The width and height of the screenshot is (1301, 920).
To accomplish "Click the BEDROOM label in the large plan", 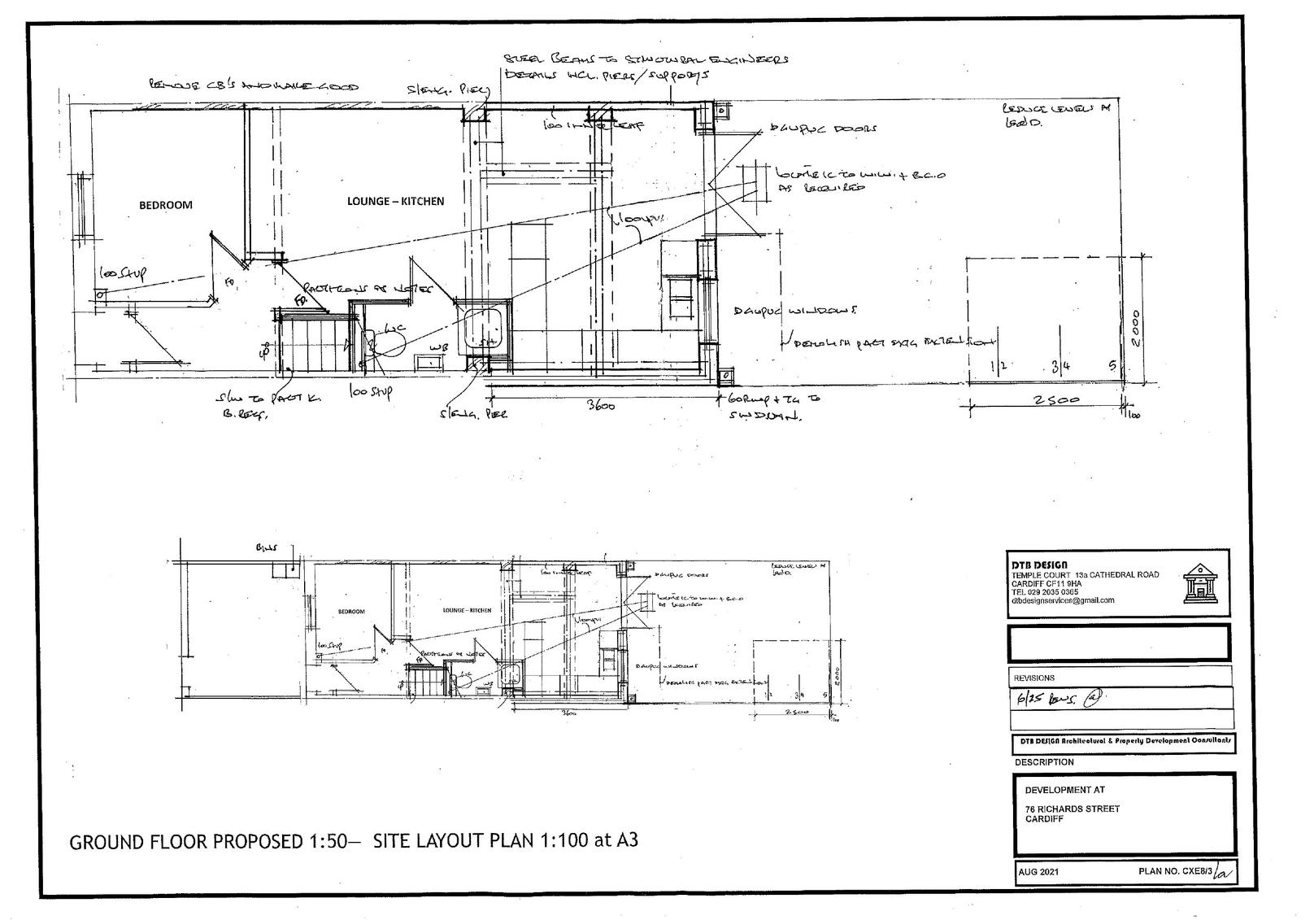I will pyautogui.click(x=165, y=205).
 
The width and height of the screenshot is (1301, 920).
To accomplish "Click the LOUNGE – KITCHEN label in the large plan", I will pyautogui.click(x=395, y=201).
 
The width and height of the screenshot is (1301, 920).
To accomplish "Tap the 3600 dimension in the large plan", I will pyautogui.click(x=601, y=406).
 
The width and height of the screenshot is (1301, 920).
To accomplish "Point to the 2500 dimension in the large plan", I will pyautogui.click(x=1056, y=400).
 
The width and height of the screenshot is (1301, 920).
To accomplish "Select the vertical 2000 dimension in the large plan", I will pyautogui.click(x=1136, y=327).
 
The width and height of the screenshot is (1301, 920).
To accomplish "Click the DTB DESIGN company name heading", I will pyautogui.click(x=1039, y=565).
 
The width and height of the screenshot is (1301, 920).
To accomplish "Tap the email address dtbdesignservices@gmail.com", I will pyautogui.click(x=1063, y=600).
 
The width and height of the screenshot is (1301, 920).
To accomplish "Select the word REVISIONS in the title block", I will pyautogui.click(x=1033, y=678).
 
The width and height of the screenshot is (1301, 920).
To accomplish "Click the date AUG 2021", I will pyautogui.click(x=1039, y=872).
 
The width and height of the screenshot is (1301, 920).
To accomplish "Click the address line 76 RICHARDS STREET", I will pyautogui.click(x=1072, y=809).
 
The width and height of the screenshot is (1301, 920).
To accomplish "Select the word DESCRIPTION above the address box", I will pyautogui.click(x=1044, y=762).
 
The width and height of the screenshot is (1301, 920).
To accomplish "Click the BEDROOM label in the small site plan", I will pyautogui.click(x=351, y=611).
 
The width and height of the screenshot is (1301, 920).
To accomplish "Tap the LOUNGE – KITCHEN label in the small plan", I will pyautogui.click(x=467, y=609).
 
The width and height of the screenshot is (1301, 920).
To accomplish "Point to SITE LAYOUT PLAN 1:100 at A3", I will pyautogui.click(x=505, y=840).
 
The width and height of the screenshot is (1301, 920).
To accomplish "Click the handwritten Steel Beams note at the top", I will pyautogui.click(x=646, y=60).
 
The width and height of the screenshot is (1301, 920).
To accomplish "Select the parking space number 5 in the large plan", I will pyautogui.click(x=1111, y=366).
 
